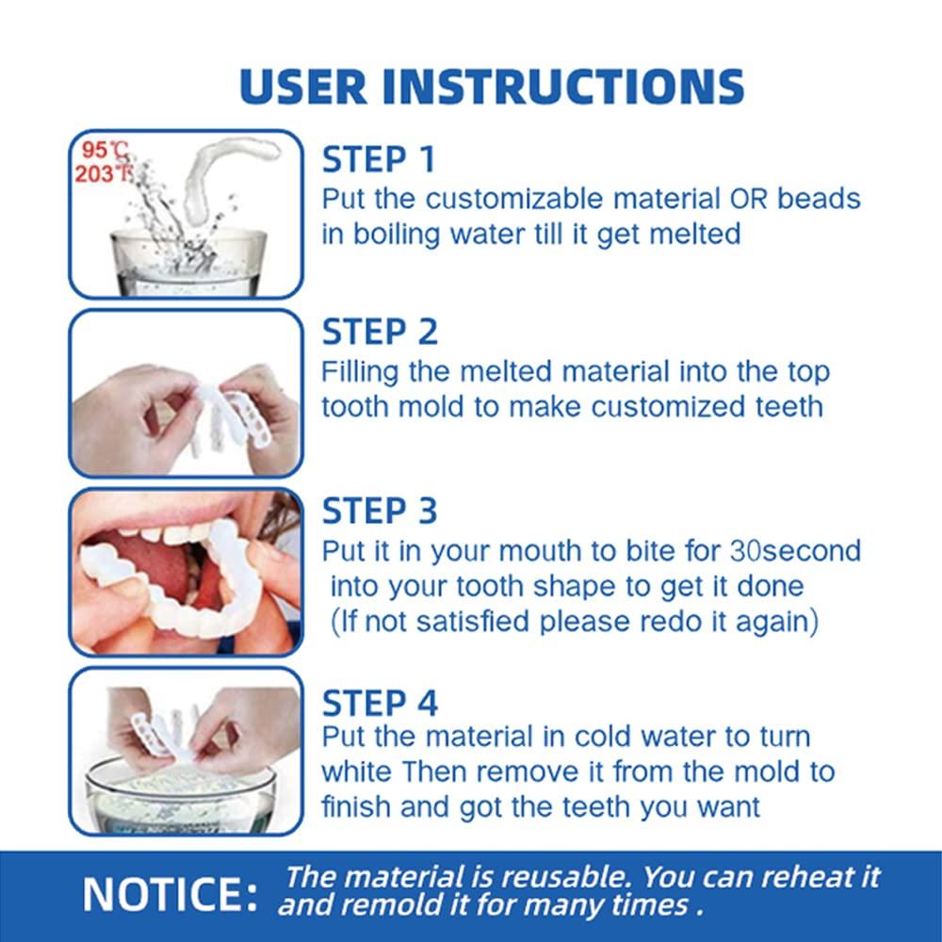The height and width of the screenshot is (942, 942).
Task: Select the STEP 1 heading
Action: [379, 160]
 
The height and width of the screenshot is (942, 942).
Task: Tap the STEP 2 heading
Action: [381, 332]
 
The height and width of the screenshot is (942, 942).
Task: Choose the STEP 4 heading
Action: [381, 703]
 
